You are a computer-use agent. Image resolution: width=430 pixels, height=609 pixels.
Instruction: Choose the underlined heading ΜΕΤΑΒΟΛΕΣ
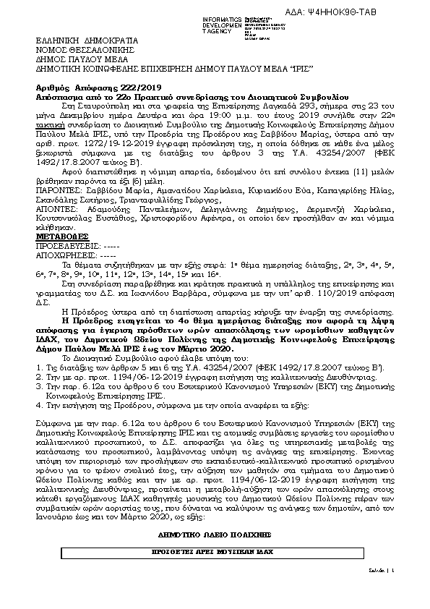[x=62, y=237]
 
